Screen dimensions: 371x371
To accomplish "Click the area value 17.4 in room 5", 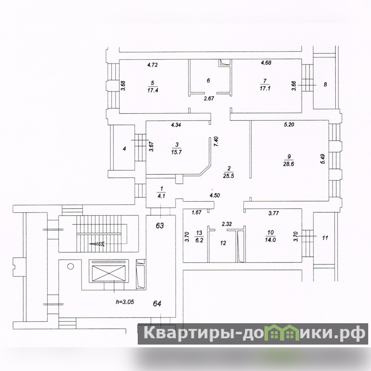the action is (x=153, y=90).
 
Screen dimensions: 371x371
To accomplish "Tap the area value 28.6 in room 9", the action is (x=288, y=164).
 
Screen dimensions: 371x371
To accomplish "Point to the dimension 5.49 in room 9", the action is (x=323, y=159).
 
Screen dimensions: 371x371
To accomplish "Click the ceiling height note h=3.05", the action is (x=125, y=302).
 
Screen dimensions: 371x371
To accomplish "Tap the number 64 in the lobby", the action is (x=157, y=304).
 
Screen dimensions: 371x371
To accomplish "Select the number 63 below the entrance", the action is (x=160, y=226).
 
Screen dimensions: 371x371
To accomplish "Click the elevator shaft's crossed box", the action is (x=109, y=273).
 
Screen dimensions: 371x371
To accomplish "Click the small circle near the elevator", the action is (x=70, y=266).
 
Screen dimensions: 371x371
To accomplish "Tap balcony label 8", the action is (x=326, y=84).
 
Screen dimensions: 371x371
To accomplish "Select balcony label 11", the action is (x=325, y=237).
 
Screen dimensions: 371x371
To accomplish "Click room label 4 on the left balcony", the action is (x=124, y=149).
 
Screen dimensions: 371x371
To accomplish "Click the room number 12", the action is (x=223, y=243).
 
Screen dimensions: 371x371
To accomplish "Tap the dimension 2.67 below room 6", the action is (x=209, y=98).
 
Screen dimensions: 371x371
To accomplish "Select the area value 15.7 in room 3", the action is (x=177, y=152).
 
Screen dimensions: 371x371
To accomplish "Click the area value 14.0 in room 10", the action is (x=270, y=240).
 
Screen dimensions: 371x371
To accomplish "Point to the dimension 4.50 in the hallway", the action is (x=215, y=195).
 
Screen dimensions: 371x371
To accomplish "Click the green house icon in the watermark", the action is (x=283, y=332).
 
